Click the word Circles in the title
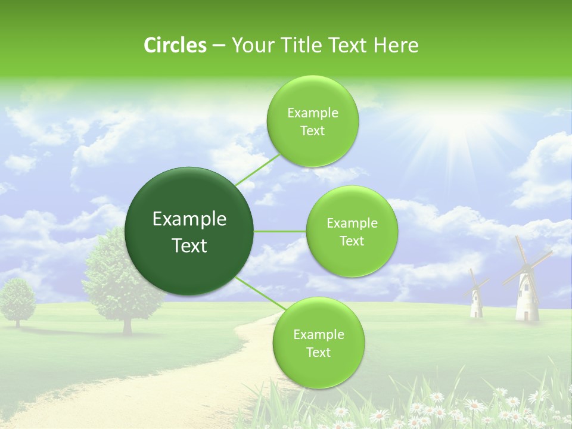[175, 45]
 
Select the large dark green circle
[189, 231]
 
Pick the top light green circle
[312, 121]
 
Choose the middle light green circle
[352, 231]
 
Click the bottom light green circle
[318, 343]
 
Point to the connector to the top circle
[257, 169]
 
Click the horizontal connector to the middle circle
[279, 231]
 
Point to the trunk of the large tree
[127, 324]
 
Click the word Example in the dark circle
[189, 219]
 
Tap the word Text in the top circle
[312, 131]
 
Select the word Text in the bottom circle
[318, 352]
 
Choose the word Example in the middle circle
[352, 223]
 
